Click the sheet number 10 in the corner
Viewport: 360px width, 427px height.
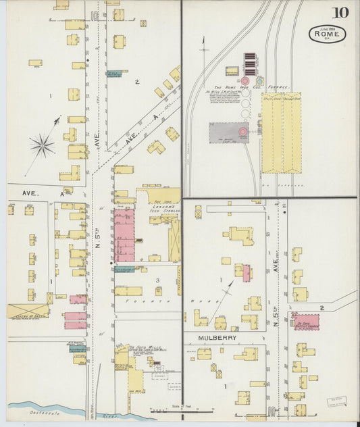tap(340, 11)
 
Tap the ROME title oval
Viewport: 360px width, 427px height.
tap(328, 34)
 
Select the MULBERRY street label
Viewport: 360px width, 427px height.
tap(215, 336)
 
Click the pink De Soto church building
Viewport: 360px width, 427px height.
tap(306, 322)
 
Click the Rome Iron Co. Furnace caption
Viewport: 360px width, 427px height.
tap(242, 88)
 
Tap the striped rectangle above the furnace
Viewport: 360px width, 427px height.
tap(251, 64)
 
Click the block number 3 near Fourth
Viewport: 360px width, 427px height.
tap(157, 280)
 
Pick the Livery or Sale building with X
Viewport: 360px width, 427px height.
tap(28, 311)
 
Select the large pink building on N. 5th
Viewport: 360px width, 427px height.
tap(124, 235)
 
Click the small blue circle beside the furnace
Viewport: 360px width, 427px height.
tap(260, 80)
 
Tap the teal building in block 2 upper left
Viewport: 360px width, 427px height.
tap(113, 73)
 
